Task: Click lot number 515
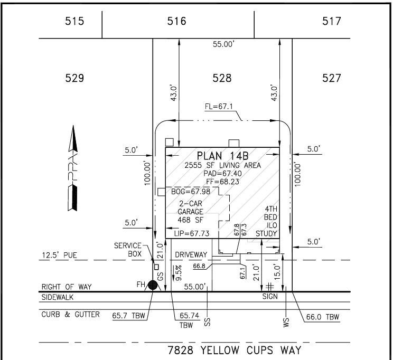coord(74,21)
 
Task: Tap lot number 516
coord(177,21)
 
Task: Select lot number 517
coord(332,21)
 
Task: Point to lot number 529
coord(74,78)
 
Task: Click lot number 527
coord(332,78)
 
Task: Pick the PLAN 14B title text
coord(222,156)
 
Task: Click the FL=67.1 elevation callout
coord(219,107)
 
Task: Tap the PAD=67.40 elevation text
coord(222,173)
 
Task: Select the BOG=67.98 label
coord(191,192)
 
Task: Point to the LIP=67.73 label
coord(192,233)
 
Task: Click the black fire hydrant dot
coord(153,285)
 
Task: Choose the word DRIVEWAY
coord(191,255)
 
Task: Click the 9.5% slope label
coord(179,273)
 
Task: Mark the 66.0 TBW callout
coord(323,317)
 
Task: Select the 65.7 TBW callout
coord(128,316)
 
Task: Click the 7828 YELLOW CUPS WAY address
coord(235,350)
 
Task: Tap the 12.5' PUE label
coord(59,255)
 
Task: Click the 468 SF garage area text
coord(191,220)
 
